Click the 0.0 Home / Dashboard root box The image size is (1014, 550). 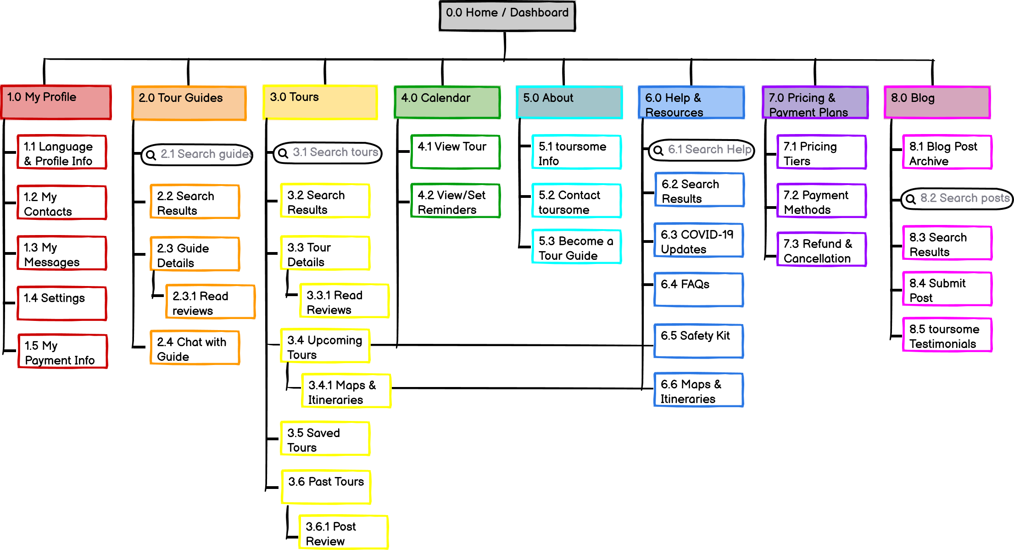pos(507,16)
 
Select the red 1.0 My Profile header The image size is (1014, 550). pos(56,102)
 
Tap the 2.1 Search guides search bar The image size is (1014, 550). pos(197,155)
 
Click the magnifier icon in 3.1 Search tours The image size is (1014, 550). pos(283,153)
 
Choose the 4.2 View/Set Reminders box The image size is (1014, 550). pos(455,201)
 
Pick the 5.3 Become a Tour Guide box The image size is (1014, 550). pos(576,247)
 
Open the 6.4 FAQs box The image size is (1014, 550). pos(698,289)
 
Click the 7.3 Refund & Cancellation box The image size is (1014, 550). pos(821,249)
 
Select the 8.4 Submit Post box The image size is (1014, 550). pos(947,289)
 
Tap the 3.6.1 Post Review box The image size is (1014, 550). pos(343,533)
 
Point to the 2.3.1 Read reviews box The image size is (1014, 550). pos(210,302)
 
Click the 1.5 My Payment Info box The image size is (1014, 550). pos(63,351)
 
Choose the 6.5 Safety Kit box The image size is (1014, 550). pos(698,341)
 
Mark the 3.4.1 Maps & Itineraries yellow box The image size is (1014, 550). pos(346,391)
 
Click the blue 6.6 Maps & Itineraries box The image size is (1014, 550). pos(698,390)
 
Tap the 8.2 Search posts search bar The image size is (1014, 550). pos(957,199)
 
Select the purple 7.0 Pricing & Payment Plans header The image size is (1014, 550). pos(815,102)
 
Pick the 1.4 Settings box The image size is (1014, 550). pos(62,303)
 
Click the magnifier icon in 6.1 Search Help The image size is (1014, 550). pos(658,150)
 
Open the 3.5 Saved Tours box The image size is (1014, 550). pos(325,438)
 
